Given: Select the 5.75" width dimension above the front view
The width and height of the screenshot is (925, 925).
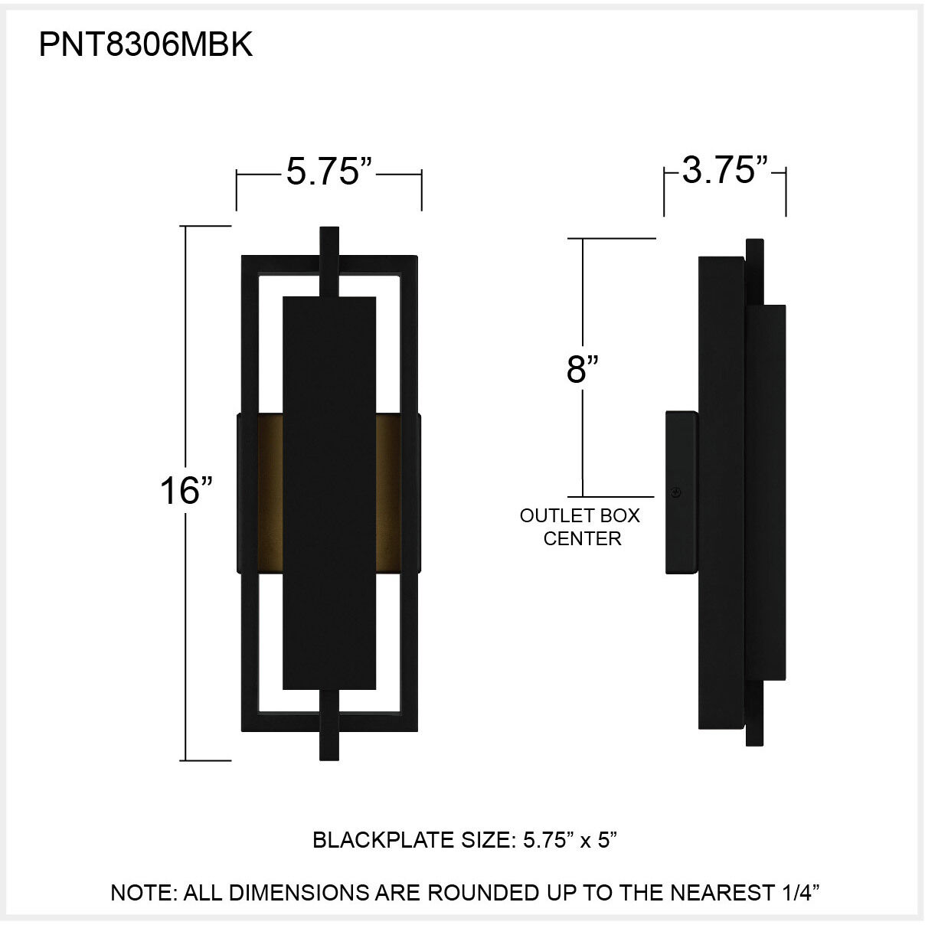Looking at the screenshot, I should click(x=329, y=172).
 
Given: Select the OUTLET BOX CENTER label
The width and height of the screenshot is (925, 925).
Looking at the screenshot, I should click(x=580, y=527).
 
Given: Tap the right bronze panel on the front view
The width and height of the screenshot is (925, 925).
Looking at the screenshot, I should click(x=395, y=493).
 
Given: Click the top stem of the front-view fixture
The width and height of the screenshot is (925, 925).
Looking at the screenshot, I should click(x=329, y=260).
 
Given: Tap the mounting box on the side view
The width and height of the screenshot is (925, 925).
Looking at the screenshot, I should click(x=681, y=492).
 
